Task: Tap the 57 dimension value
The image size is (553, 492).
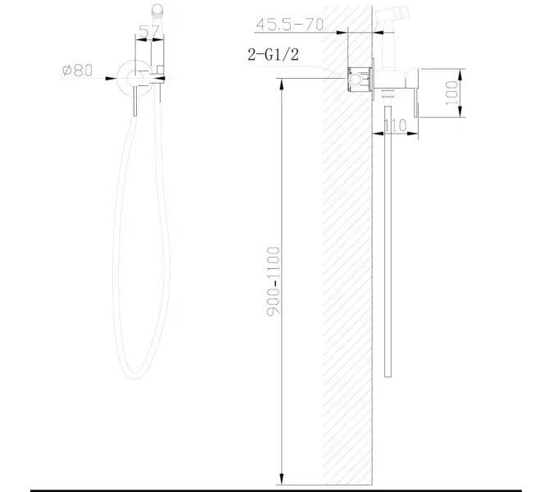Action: pos(149,33)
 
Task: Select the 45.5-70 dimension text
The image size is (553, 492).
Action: pos(289,25)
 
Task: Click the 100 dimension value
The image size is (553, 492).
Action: pos(451,92)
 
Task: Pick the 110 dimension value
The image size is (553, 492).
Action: pos(396,125)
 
